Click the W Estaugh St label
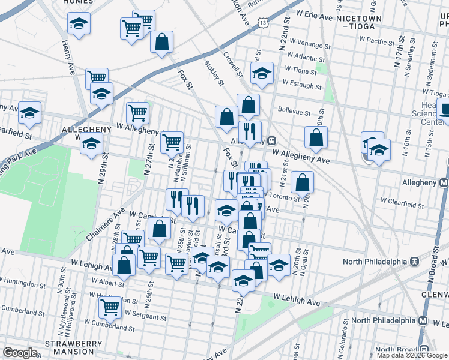(307, 82)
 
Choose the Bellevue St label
(294, 112)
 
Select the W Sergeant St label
(145, 316)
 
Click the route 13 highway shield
(263, 22)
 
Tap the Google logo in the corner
(20, 353)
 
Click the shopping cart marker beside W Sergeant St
(110, 307)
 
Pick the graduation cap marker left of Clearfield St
(29, 112)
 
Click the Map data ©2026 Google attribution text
(411, 355)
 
